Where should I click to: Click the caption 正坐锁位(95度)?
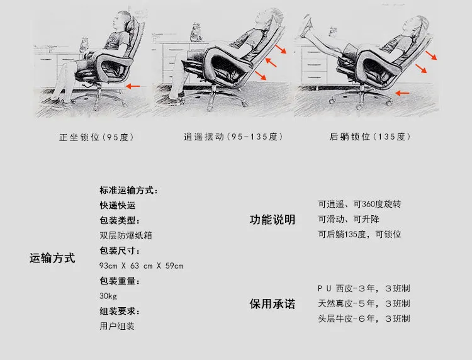pyautogui.click(x=97, y=137)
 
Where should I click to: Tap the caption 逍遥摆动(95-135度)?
pyautogui.click(x=233, y=137)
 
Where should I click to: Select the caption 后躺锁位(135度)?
pyautogui.click(x=370, y=137)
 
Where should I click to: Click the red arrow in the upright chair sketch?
pyautogui.click(x=133, y=86)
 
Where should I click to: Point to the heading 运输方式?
pyautogui.click(x=52, y=258)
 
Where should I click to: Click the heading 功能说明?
pyautogui.click(x=273, y=220)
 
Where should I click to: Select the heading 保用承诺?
pyautogui.click(x=273, y=304)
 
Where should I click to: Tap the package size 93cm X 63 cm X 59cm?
pyautogui.click(x=141, y=266)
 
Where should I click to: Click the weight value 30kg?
pyautogui.click(x=108, y=296)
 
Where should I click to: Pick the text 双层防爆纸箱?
pyautogui.click(x=126, y=235)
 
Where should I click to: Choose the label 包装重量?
pyautogui.click(x=120, y=281)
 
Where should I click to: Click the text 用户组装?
pyautogui.click(x=117, y=326)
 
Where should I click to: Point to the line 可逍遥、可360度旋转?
pyautogui.click(x=360, y=204)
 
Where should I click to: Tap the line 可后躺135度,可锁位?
pyautogui.click(x=360, y=234)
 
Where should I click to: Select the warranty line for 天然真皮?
pyautogui.click(x=364, y=303)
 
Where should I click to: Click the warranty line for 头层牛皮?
pyautogui.click(x=364, y=318)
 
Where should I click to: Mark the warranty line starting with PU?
pyautogui.click(x=364, y=288)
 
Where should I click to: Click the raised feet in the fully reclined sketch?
pyautogui.click(x=306, y=25)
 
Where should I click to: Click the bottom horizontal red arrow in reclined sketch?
pyautogui.click(x=402, y=93)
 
